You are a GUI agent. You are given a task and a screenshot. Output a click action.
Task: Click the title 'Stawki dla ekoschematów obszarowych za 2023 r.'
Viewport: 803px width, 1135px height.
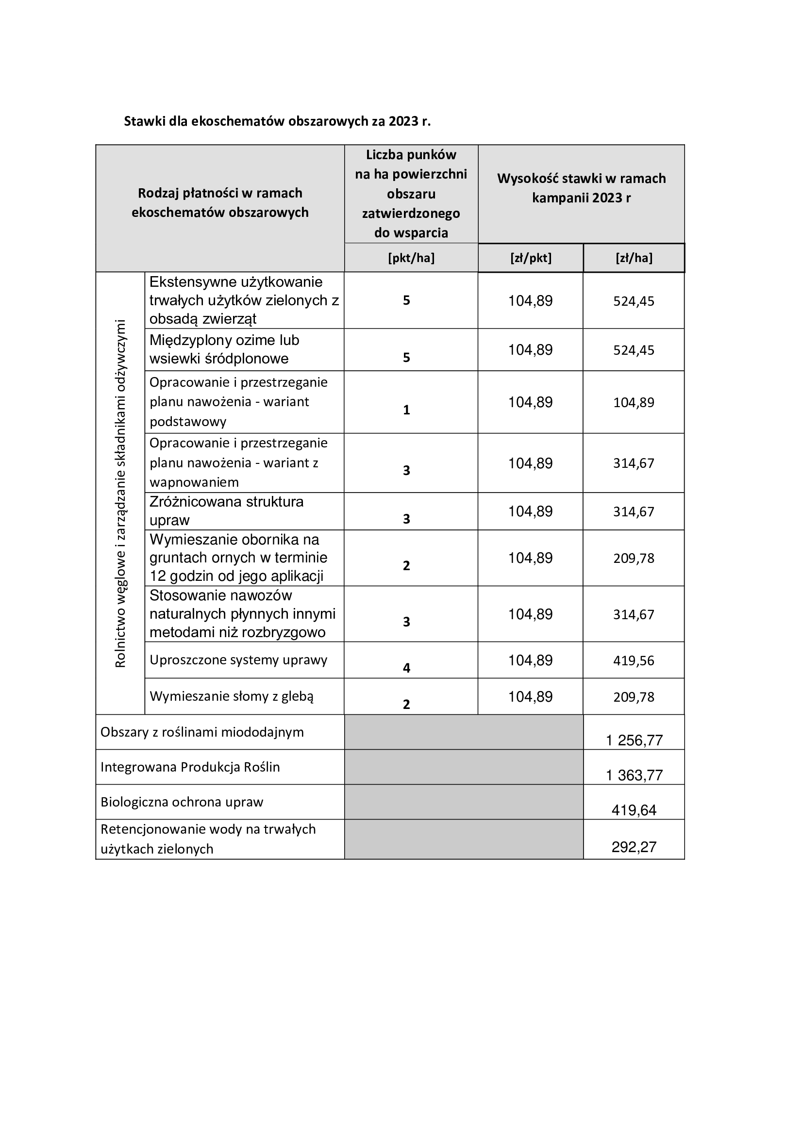point(277,121)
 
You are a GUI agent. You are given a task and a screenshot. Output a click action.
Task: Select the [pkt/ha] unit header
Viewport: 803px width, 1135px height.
point(411,258)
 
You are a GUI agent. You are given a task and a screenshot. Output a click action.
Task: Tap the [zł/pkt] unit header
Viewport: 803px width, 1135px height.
point(531,258)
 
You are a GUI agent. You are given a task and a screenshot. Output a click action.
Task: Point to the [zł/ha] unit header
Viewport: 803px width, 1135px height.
point(634,258)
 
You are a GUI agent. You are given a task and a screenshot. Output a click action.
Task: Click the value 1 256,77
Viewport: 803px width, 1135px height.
point(634,740)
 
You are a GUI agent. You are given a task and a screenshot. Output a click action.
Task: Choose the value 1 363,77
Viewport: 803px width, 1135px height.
point(634,775)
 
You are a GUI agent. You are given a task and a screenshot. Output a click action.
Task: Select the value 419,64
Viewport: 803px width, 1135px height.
point(634,810)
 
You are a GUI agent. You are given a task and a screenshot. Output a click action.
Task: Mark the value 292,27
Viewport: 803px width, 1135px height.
point(634,847)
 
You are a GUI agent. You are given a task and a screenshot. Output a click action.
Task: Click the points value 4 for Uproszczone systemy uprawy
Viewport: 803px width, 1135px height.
point(406,668)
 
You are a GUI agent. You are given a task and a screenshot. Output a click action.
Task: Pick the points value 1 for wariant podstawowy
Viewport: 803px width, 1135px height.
point(406,410)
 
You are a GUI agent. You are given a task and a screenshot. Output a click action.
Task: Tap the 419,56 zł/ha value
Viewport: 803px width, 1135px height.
point(634,661)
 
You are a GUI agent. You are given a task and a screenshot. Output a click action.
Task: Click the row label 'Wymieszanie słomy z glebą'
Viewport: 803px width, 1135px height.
point(232,696)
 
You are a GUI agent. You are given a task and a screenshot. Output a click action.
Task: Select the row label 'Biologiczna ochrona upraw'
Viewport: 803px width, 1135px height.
point(182,802)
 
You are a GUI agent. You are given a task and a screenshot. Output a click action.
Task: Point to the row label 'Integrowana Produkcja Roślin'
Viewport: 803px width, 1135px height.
point(190,767)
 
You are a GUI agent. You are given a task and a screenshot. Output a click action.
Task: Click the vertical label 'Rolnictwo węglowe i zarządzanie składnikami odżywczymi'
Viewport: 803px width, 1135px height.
point(120,493)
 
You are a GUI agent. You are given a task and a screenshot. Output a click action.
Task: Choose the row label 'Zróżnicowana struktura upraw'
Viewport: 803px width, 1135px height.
point(226,511)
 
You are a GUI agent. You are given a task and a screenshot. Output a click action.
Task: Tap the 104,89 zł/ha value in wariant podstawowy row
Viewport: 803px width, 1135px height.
point(634,402)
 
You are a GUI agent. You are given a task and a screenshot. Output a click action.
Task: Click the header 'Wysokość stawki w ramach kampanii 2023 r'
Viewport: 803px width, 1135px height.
point(581,188)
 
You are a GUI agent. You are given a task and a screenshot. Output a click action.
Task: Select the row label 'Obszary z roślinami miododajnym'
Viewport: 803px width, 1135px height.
point(202,732)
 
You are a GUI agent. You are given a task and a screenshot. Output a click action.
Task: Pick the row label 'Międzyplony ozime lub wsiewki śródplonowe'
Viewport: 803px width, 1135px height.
point(224,349)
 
